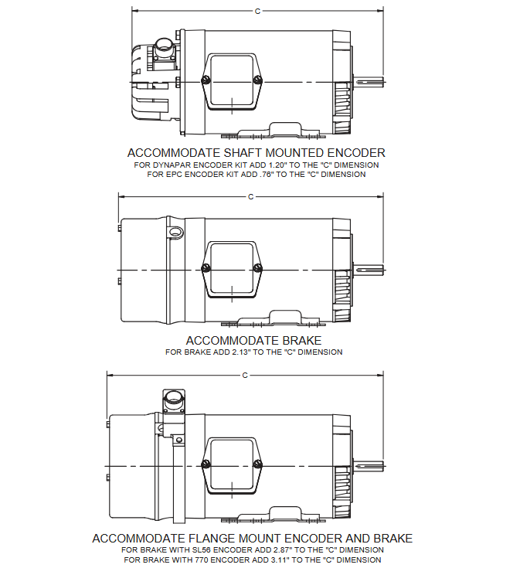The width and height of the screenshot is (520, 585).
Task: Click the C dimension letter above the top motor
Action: tap(257, 12)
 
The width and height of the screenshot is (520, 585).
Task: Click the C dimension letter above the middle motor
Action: tap(250, 197)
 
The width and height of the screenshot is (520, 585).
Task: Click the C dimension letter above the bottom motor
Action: tap(245, 376)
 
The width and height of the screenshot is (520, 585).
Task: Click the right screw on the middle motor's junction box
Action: tap(258, 268)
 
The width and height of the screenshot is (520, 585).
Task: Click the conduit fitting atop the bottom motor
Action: tap(174, 403)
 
